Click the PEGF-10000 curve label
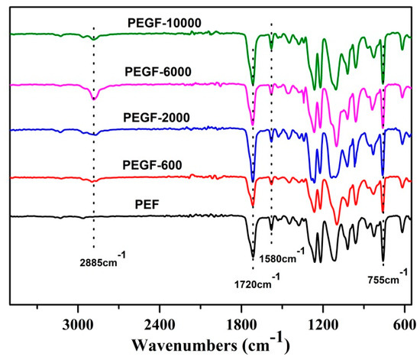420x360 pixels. click(x=164, y=23)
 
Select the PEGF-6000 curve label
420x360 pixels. click(x=158, y=72)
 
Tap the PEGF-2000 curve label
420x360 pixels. click(x=157, y=118)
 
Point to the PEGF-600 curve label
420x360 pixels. click(x=152, y=165)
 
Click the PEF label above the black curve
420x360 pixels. click(x=147, y=205)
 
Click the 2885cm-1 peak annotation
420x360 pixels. click(x=102, y=259)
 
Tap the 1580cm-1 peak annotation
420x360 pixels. click(x=282, y=255)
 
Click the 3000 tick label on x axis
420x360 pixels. click(x=78, y=326)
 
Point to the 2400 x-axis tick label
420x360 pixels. click(x=160, y=326)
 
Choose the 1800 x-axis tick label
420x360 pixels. click(x=241, y=326)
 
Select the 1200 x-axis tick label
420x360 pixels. click(x=323, y=326)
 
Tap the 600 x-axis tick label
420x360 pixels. click(x=405, y=326)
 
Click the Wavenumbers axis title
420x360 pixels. click(x=211, y=344)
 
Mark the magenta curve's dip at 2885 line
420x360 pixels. click(x=93, y=99)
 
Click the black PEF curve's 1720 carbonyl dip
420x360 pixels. click(x=253, y=257)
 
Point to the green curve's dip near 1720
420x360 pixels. click(x=253, y=83)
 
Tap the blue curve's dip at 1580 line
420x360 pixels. click(x=271, y=141)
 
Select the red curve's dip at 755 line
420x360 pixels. click(x=383, y=212)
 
